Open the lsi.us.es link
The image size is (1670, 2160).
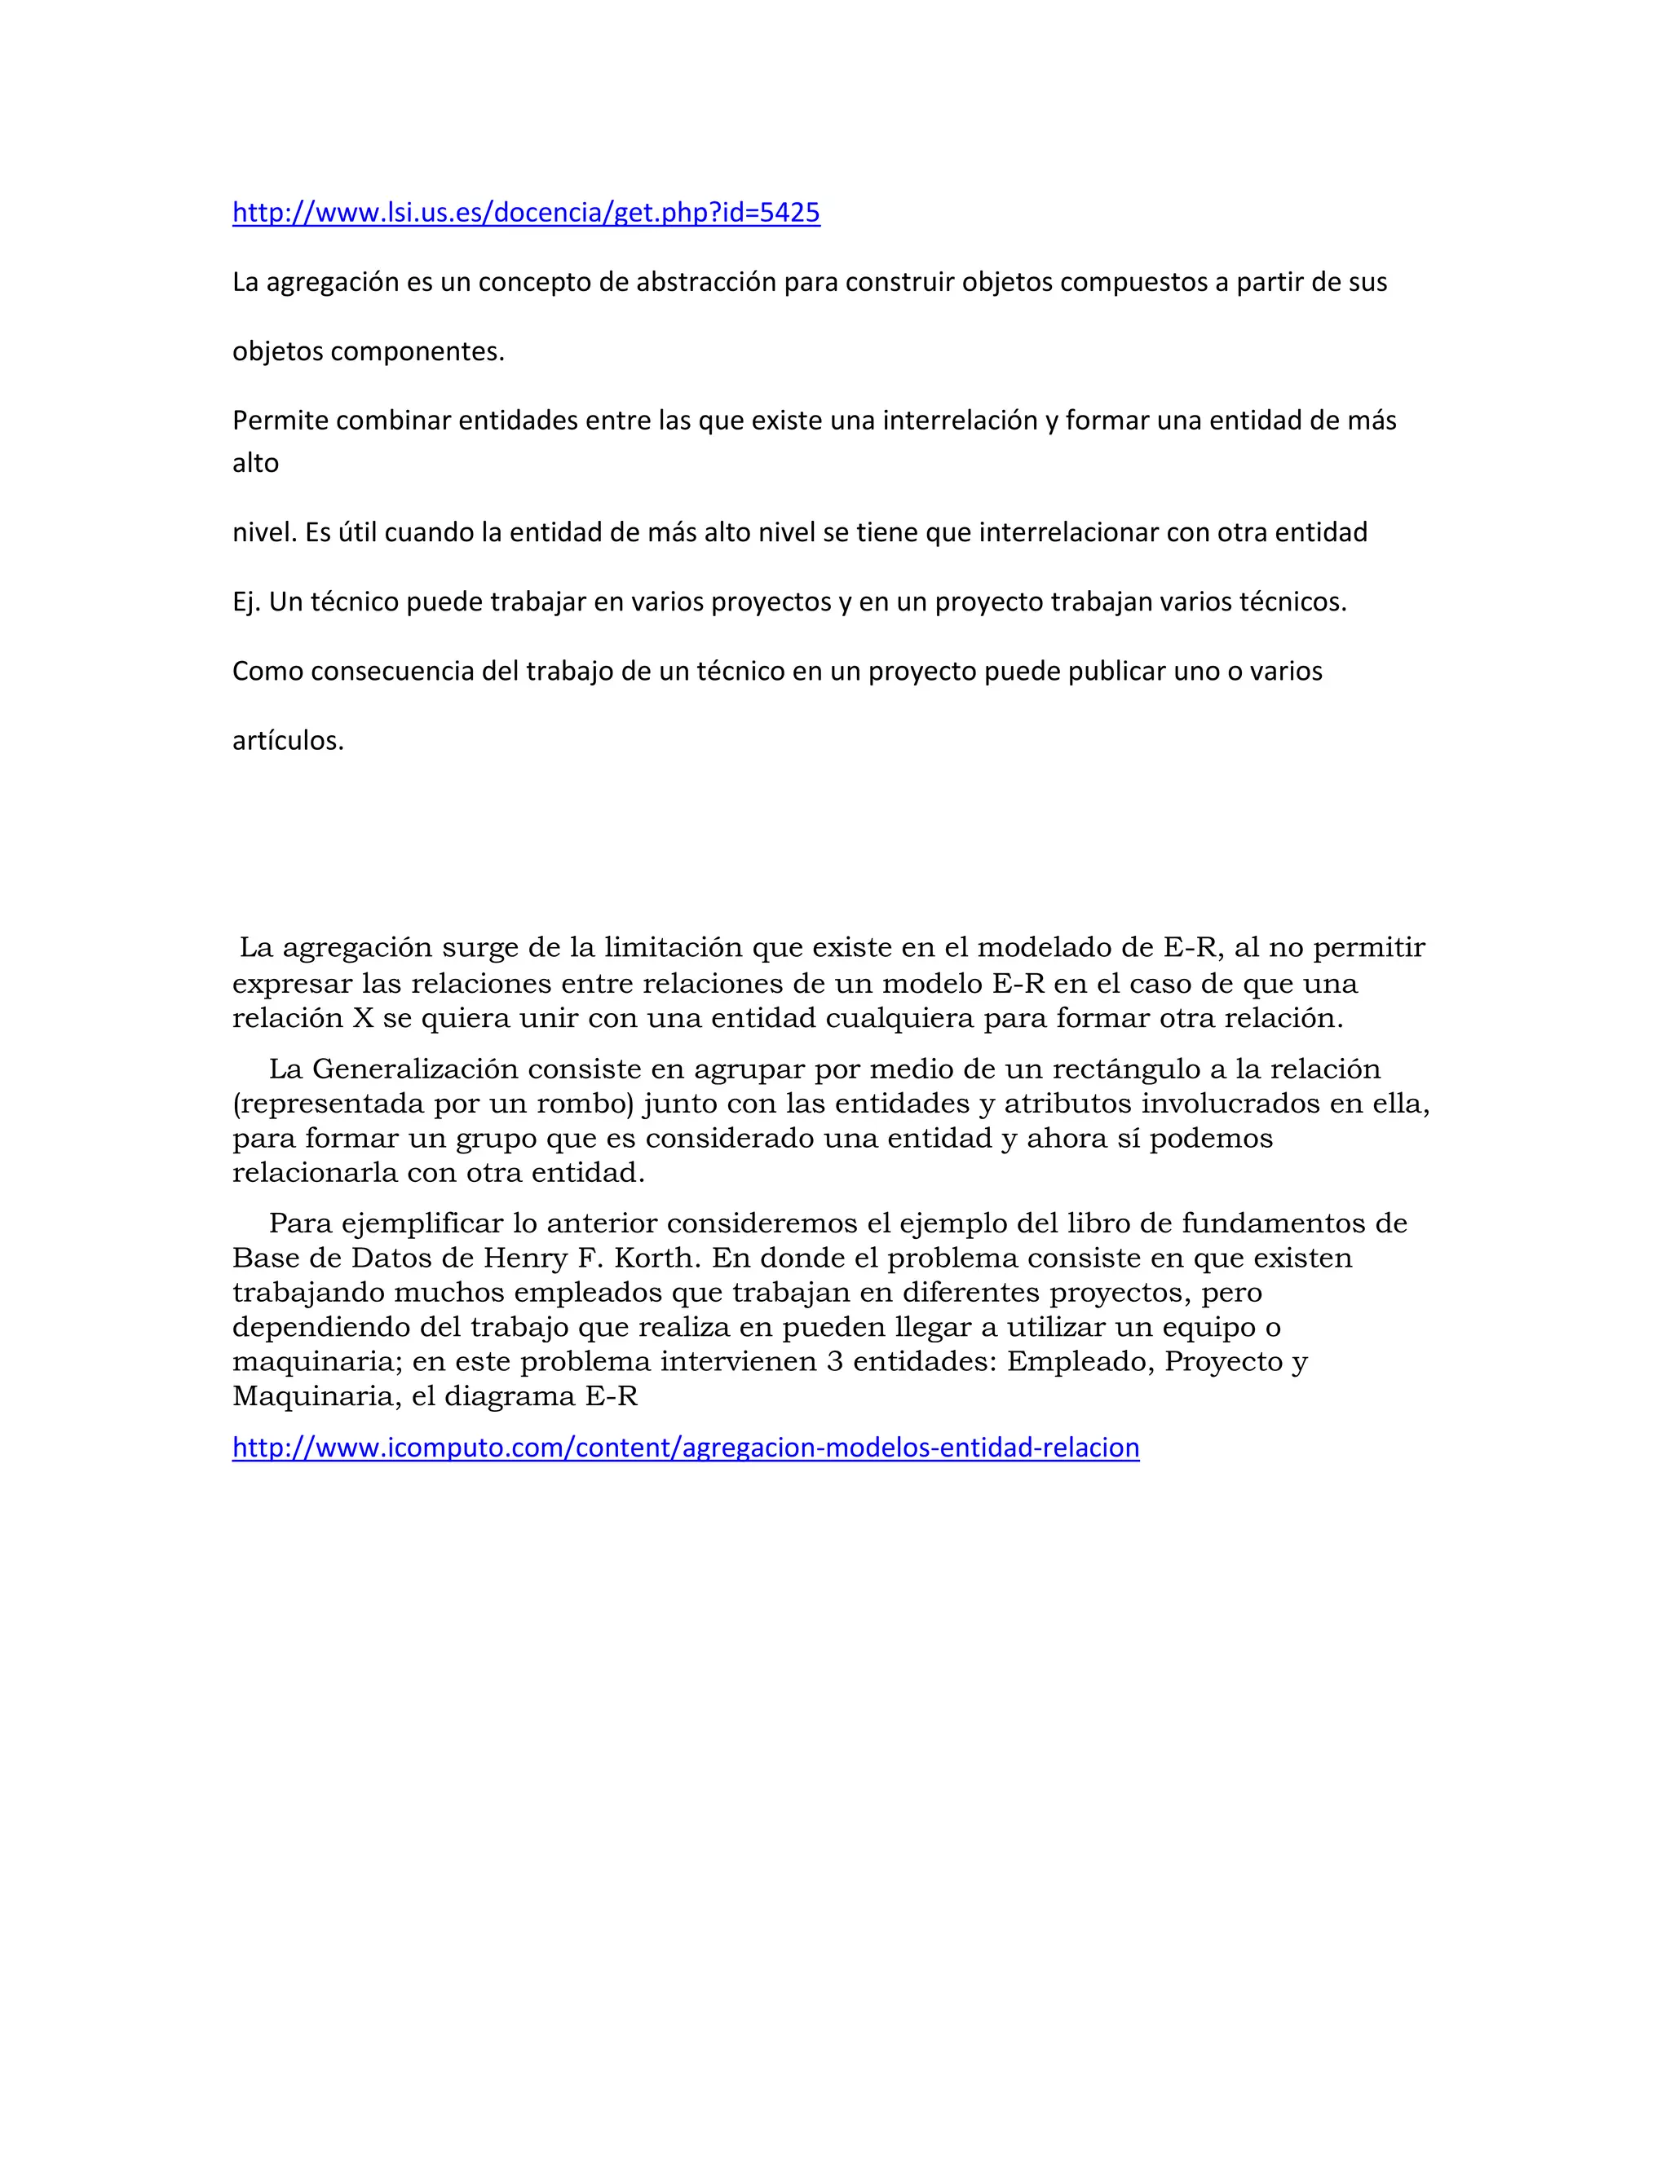[x=525, y=213]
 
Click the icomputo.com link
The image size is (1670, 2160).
[x=686, y=1448]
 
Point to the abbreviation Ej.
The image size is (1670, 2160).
[x=245, y=602]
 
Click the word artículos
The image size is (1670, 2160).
[x=288, y=741]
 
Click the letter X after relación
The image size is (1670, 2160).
[x=363, y=1018]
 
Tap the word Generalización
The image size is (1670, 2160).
[x=416, y=1069]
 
